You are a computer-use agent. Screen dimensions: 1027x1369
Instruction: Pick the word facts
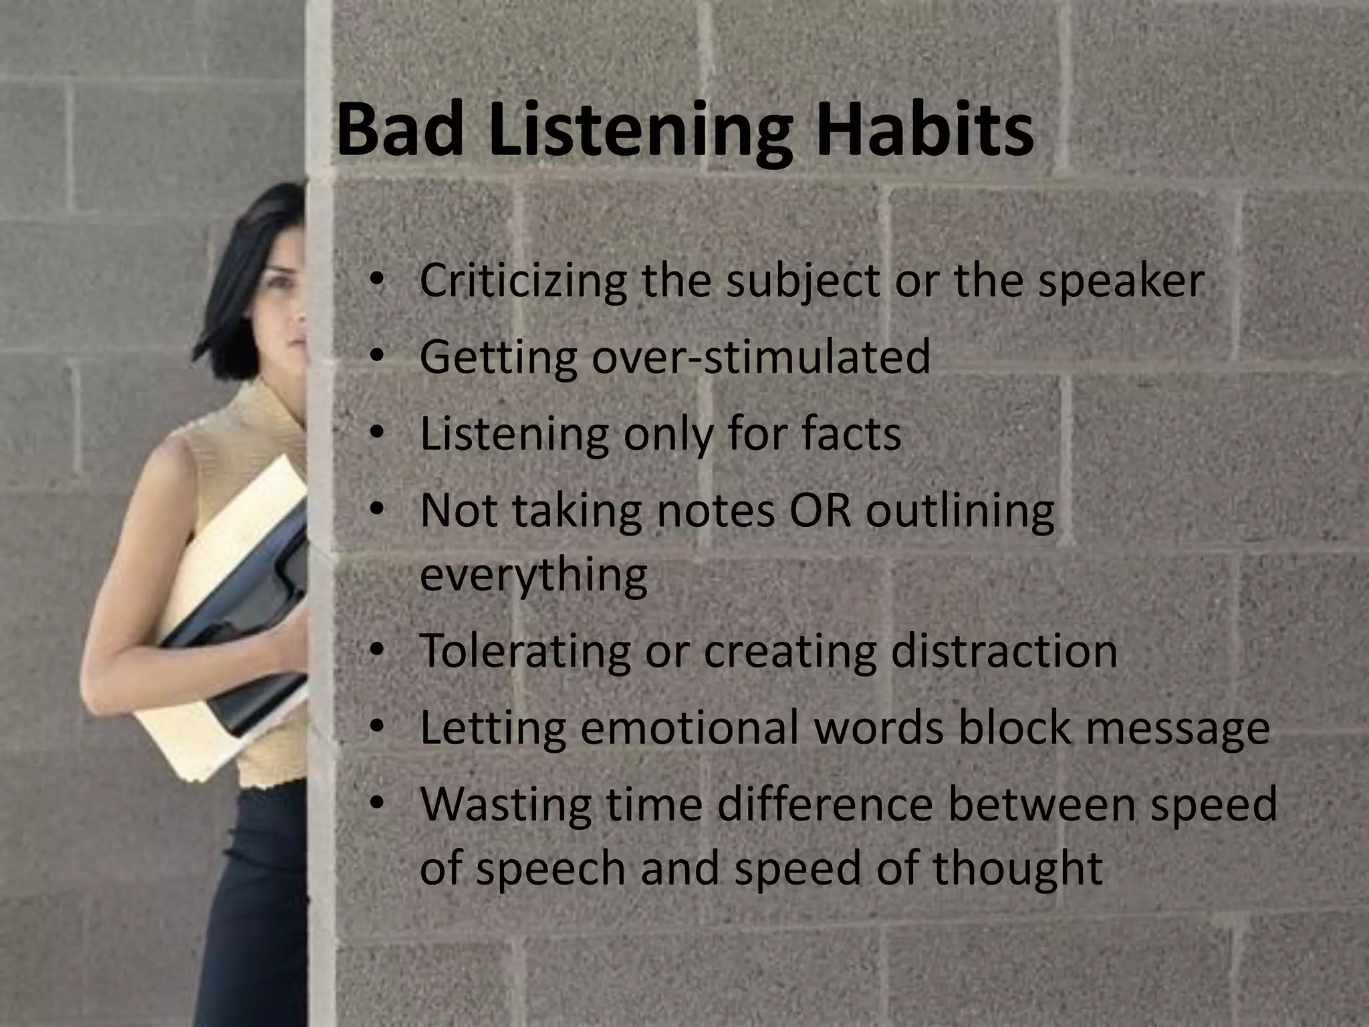click(852, 434)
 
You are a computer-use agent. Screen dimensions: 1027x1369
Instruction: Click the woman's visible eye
click(281, 283)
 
